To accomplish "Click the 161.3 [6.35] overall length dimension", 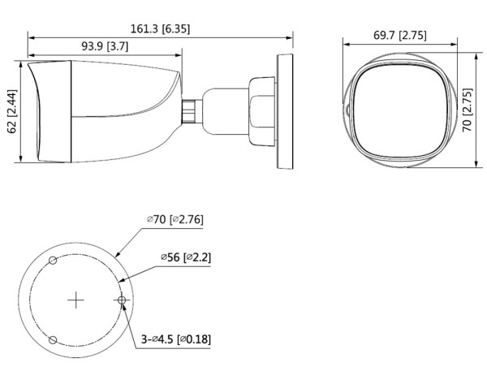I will (161, 28).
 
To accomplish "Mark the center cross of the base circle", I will (75, 300).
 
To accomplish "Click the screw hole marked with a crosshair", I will (122, 300).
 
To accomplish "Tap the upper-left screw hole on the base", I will (53, 261).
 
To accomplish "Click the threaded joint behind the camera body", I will (189, 110).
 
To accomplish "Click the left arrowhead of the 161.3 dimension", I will (31, 37).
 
